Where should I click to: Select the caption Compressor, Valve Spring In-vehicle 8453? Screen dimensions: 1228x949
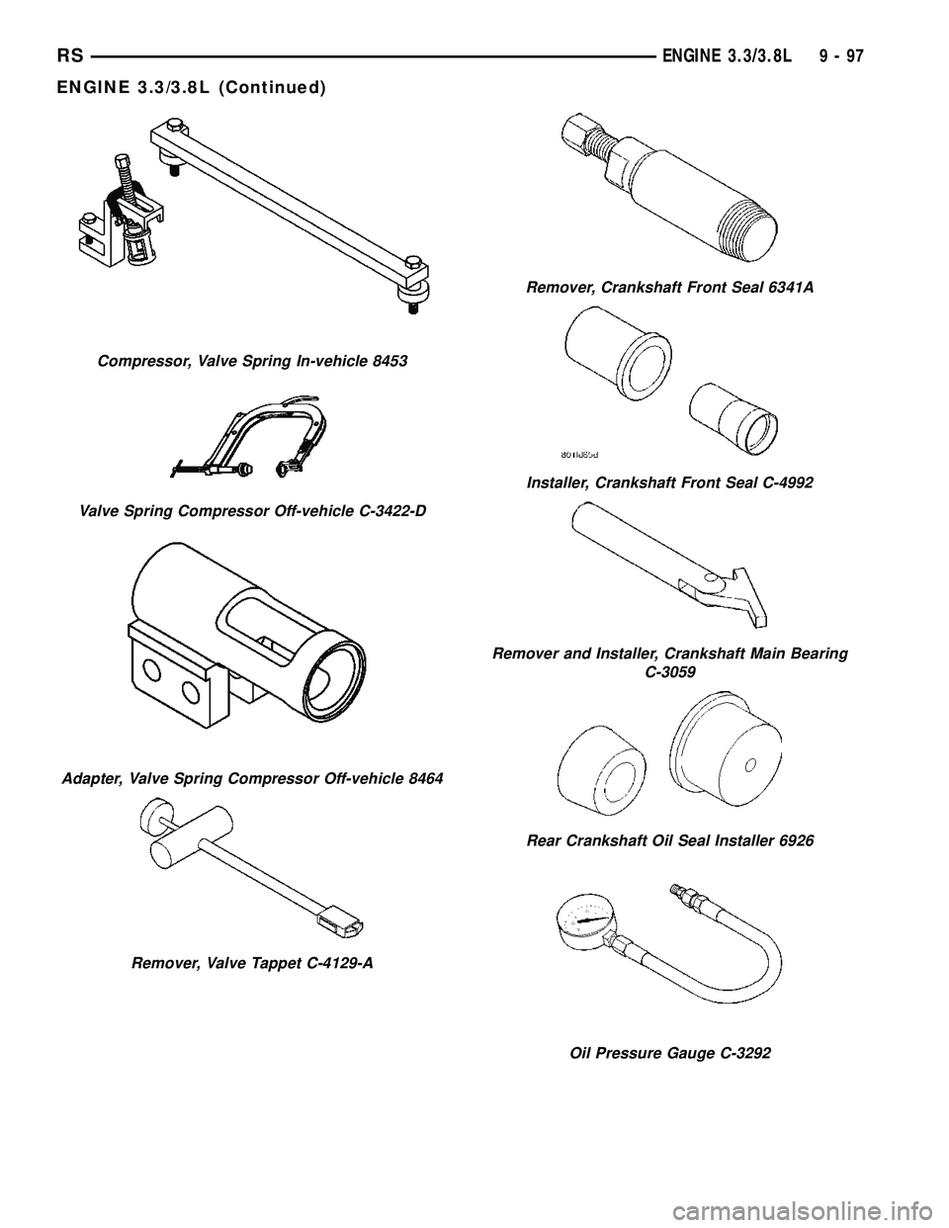point(253,361)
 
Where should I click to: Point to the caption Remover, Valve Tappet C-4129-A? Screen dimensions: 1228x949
point(252,962)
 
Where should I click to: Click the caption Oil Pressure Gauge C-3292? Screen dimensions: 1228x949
point(671,1053)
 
